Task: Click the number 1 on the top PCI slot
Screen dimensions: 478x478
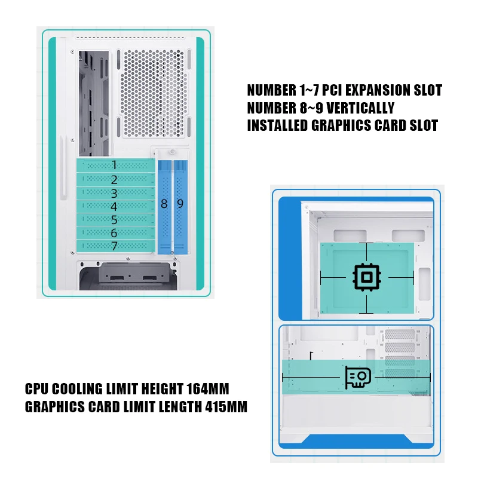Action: click(x=114, y=165)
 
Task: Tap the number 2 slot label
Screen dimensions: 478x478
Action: click(x=114, y=179)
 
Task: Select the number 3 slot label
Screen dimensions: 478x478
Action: click(x=114, y=193)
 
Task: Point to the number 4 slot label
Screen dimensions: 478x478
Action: click(x=114, y=206)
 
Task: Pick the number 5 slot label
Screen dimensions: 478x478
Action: click(x=114, y=220)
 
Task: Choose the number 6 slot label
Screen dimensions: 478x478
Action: click(x=114, y=233)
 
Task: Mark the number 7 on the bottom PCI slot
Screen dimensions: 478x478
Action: click(x=114, y=246)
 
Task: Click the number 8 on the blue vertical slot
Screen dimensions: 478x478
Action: click(x=164, y=204)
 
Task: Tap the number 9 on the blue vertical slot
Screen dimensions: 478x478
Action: click(x=180, y=204)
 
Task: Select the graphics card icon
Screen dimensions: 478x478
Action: click(x=358, y=378)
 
